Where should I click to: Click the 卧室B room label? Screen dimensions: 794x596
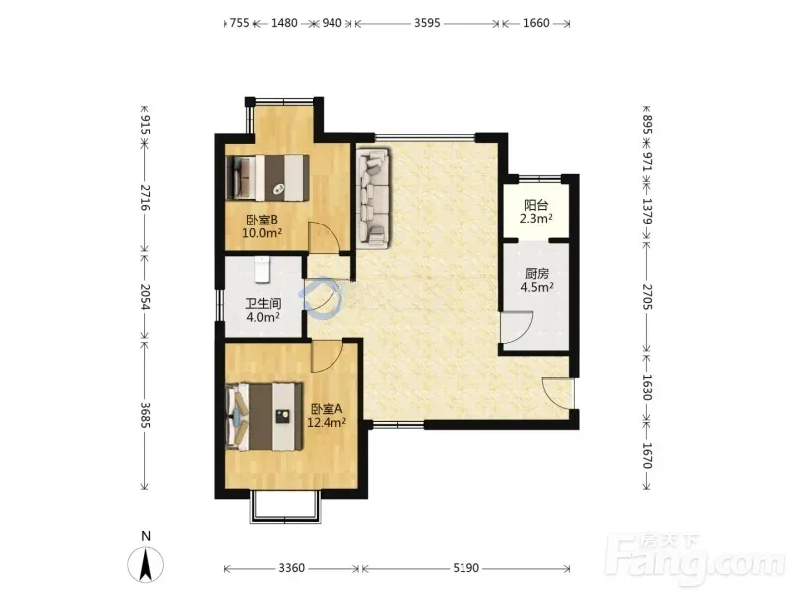(262, 221)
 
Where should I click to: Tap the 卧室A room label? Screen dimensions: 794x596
(328, 409)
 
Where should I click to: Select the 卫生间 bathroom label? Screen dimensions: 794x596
(263, 304)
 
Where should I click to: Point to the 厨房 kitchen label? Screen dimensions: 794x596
(537, 274)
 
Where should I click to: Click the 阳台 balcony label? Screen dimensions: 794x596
(536, 206)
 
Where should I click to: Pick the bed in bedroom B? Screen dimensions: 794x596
(268, 178)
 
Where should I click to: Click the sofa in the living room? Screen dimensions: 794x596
(374, 198)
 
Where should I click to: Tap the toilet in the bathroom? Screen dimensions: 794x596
(261, 269)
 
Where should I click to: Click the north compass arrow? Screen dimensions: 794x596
(145, 564)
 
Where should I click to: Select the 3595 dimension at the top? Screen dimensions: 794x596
(427, 23)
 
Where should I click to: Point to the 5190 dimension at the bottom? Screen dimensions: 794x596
(465, 568)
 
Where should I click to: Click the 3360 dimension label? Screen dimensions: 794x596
(292, 568)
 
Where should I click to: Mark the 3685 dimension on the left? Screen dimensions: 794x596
(145, 415)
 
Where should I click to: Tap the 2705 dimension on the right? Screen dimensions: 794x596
(648, 297)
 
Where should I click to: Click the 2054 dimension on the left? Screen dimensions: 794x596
(145, 297)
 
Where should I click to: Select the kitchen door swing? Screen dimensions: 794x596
(516, 327)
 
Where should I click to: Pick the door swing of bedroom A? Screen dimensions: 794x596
(328, 356)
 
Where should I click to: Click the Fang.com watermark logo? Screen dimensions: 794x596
(698, 560)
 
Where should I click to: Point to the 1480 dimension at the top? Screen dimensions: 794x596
(284, 23)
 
